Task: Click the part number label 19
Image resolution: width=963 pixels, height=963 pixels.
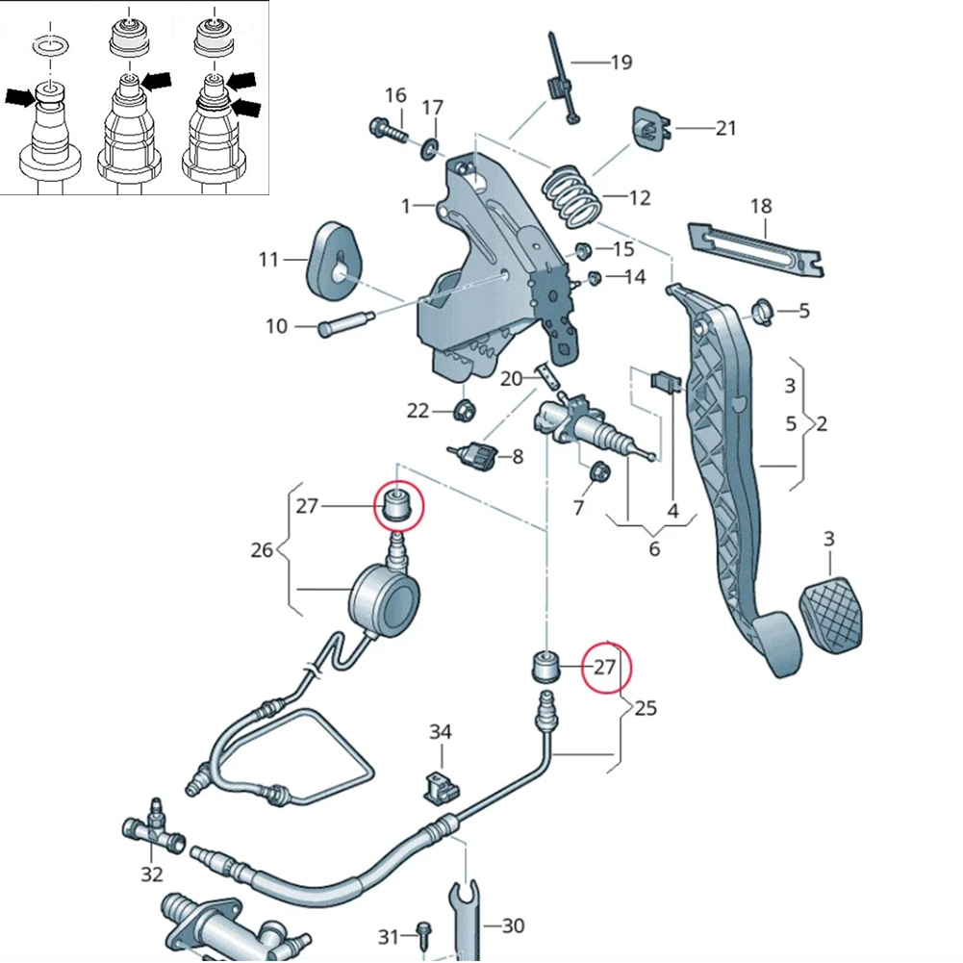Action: point(621,63)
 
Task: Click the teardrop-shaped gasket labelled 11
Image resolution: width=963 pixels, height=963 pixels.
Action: point(330,255)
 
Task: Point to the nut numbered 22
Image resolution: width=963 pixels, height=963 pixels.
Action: point(463,411)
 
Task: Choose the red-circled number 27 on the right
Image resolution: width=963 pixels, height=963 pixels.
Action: point(604,666)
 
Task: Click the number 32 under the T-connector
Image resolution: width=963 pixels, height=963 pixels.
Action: point(152,874)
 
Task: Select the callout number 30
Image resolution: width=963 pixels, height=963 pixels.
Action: point(513,925)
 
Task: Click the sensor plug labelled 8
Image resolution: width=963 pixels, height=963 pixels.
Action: point(477,455)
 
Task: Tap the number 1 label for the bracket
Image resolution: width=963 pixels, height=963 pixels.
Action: point(406,205)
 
